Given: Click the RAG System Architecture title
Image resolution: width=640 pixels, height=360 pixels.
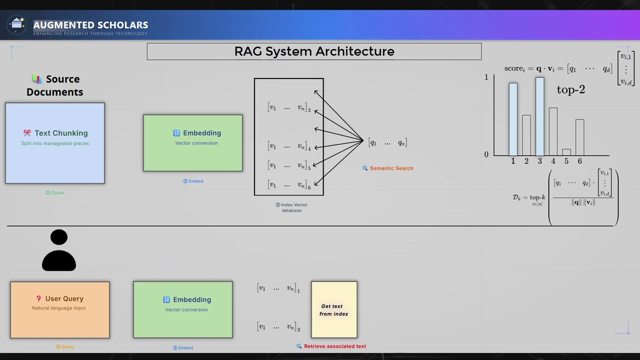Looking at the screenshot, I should (314, 51).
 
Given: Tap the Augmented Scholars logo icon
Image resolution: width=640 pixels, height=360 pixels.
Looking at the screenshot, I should (17, 24).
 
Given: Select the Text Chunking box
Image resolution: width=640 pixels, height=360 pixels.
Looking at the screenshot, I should (55, 143).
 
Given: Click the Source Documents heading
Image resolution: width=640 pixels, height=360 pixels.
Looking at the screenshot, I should (55, 85).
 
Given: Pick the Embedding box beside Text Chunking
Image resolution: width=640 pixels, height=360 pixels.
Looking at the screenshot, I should (193, 143).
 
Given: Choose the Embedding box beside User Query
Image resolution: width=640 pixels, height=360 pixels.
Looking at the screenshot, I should (183, 309).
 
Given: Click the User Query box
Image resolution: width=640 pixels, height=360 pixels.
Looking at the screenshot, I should (60, 309).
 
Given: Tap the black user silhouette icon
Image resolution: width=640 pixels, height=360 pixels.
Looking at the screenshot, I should (59, 250).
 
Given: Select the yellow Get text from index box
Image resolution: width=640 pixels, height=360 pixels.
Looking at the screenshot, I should (334, 309).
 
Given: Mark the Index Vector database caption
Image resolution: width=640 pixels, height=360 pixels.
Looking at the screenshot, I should (291, 207).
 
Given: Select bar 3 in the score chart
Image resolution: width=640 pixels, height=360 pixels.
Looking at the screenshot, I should (539, 116).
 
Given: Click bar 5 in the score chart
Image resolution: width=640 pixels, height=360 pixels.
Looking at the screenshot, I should (566, 152).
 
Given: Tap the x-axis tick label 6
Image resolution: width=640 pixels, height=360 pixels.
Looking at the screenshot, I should (579, 161).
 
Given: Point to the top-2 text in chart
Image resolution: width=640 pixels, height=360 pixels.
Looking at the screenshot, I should (570, 90).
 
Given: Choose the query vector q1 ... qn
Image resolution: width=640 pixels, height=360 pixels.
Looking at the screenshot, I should (387, 143).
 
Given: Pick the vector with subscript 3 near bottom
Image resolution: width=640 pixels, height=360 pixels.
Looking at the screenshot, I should (278, 327).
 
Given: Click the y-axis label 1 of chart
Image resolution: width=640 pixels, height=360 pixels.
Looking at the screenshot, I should (486, 77).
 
